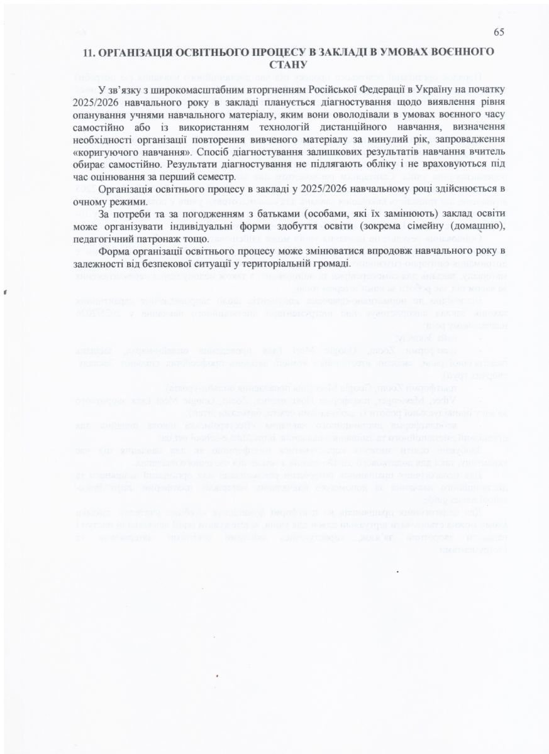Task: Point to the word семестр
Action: point(211,177)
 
